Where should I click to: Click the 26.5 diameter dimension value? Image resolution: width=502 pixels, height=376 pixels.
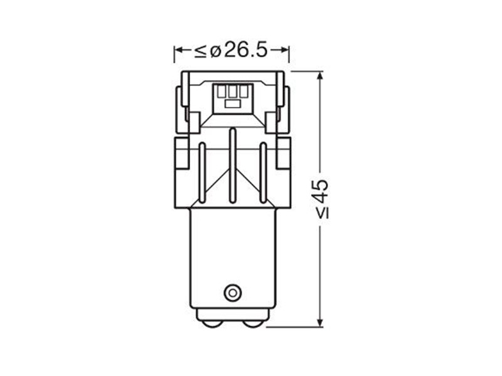click(x=245, y=50)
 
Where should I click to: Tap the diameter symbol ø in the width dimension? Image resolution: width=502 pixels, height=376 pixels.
click(x=216, y=51)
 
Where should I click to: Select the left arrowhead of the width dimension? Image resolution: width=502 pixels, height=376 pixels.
click(x=179, y=50)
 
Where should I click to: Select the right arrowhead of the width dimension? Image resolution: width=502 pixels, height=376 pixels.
click(x=285, y=50)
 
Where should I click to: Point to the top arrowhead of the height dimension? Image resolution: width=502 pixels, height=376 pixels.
click(x=319, y=76)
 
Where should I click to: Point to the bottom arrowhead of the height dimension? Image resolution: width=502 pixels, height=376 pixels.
click(x=319, y=322)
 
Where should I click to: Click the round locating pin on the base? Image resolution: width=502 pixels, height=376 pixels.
click(x=232, y=293)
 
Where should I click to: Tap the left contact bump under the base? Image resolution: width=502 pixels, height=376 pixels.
click(x=211, y=323)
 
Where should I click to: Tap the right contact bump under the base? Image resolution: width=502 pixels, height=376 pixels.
click(x=253, y=323)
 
